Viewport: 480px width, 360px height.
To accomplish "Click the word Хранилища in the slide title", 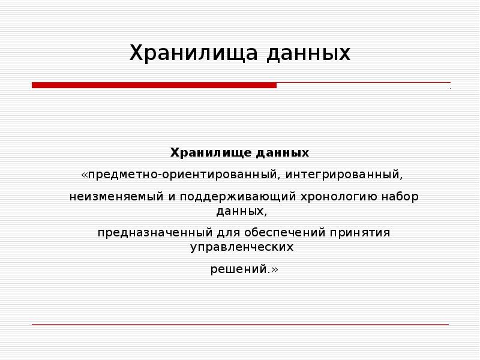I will (194, 53).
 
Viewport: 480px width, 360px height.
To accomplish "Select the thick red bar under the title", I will (154, 86).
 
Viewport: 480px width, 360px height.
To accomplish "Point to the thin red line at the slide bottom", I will (240, 325).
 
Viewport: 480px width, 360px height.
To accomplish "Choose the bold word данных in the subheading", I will (283, 153).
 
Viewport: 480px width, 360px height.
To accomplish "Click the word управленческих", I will (242, 247).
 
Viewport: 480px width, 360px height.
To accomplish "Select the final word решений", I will (241, 269).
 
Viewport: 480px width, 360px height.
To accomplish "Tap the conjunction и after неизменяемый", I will (168, 196).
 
